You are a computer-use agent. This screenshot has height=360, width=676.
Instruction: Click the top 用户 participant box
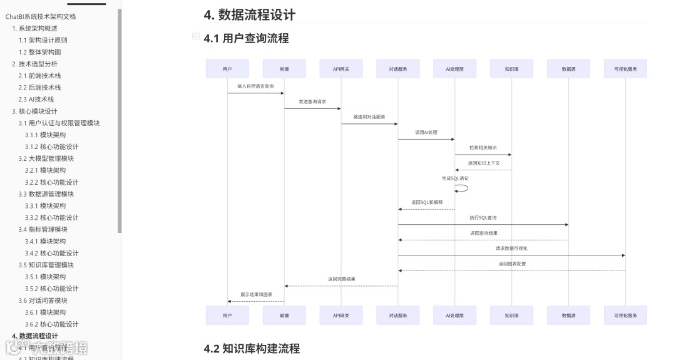[x=227, y=69]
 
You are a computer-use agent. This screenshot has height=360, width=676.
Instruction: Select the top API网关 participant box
[x=341, y=69]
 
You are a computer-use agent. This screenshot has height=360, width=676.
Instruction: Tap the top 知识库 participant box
[x=511, y=69]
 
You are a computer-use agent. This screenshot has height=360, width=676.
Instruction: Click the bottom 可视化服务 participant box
[x=625, y=316]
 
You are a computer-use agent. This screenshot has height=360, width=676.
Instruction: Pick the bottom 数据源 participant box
[x=568, y=316]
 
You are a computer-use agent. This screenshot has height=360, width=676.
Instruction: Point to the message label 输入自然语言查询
[x=255, y=86]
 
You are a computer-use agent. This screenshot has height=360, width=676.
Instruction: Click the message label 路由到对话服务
[x=369, y=116]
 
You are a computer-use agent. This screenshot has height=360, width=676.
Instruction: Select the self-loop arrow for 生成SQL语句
[x=463, y=188]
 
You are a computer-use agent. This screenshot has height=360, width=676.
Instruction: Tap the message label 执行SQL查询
[x=483, y=218]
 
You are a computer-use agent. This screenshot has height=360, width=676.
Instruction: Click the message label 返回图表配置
[x=512, y=264]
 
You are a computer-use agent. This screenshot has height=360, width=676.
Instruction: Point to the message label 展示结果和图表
[x=255, y=294]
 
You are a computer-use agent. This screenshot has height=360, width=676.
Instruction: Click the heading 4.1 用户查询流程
[x=246, y=38]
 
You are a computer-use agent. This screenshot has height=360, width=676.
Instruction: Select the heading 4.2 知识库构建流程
[x=252, y=349]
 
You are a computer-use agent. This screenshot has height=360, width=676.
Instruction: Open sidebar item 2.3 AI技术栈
[x=36, y=99]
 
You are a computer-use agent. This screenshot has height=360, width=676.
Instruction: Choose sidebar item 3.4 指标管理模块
[x=43, y=229]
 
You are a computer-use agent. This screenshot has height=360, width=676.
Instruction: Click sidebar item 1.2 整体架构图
[x=39, y=52]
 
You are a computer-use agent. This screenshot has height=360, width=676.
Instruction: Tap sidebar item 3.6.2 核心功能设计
[x=51, y=324]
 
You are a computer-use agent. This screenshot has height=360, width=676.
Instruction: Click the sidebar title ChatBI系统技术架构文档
[x=41, y=16]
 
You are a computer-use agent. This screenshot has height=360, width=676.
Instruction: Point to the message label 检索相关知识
[x=483, y=147]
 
